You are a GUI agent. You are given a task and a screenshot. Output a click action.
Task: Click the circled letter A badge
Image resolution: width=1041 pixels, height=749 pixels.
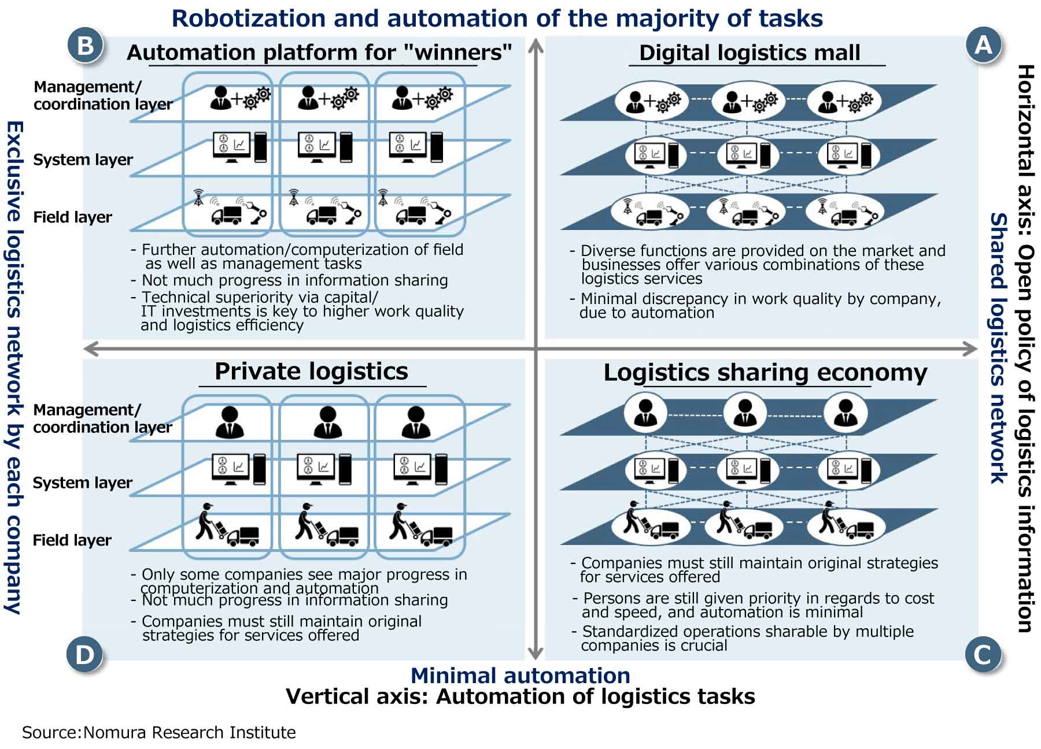click(x=983, y=45)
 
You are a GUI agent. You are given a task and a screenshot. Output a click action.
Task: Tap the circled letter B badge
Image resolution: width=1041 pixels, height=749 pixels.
click(x=85, y=45)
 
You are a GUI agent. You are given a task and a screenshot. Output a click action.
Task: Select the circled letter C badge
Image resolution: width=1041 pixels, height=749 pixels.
click(x=983, y=655)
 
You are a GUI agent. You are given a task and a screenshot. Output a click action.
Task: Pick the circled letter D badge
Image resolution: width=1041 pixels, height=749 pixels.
click(x=84, y=655)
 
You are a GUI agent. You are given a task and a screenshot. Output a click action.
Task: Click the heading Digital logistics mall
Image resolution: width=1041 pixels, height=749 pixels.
click(x=750, y=53)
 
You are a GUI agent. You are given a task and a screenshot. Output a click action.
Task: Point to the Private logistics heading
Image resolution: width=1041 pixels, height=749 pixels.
click(x=311, y=371)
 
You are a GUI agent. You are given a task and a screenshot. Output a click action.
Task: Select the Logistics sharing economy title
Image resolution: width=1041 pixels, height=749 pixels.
click(x=765, y=372)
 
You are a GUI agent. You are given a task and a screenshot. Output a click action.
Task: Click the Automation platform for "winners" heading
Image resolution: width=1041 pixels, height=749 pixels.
click(x=319, y=53)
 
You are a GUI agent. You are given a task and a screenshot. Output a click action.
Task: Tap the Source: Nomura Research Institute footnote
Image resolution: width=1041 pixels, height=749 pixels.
click(x=158, y=732)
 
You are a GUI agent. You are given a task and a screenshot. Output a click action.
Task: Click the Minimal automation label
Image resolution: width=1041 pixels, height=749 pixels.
click(x=520, y=675)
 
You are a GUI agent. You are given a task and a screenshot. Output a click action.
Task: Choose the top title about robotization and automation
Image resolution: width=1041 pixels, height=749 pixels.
click(x=497, y=18)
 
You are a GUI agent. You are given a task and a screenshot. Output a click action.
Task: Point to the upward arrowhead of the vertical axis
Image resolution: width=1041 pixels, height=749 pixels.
click(x=536, y=44)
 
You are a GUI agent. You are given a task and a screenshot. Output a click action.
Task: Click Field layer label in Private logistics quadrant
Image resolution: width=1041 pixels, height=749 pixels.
click(x=72, y=540)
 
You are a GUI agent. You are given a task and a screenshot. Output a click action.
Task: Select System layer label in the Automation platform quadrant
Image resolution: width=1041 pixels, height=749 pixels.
click(x=83, y=160)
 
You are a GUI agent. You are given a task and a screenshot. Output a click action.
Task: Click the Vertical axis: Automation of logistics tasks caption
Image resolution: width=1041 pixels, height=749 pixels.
click(x=520, y=696)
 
